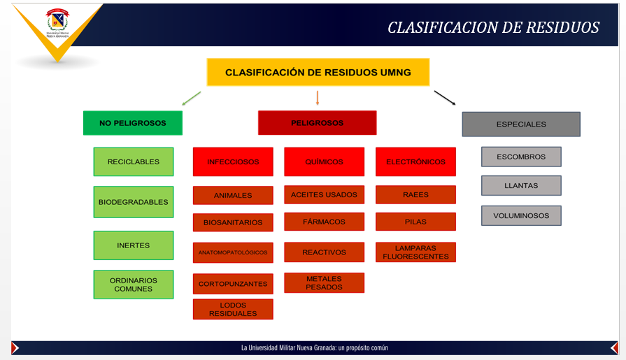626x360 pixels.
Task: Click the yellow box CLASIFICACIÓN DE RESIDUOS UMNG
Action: [318, 72]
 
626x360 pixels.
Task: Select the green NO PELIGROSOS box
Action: [133, 123]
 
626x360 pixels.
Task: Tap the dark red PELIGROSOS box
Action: [317, 123]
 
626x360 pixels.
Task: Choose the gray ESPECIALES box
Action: [521, 124]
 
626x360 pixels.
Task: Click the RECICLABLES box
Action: [133, 161]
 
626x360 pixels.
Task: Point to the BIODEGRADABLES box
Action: [133, 202]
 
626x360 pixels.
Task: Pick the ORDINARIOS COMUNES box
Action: [133, 285]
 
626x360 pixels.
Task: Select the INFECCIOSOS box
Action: [233, 161]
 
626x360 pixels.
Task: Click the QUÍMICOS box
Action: [324, 161]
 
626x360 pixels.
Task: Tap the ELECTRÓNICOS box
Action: [415, 161]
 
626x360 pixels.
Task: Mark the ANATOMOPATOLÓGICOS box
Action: [233, 252]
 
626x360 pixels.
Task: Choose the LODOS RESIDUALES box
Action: [233, 309]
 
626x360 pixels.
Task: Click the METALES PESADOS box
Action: [324, 283]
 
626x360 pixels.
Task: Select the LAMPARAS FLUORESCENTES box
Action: [415, 252]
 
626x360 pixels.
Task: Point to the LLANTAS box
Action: [521, 185]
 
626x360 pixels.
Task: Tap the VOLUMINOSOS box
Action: [521, 216]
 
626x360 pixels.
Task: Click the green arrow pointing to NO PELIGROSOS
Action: [191, 98]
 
